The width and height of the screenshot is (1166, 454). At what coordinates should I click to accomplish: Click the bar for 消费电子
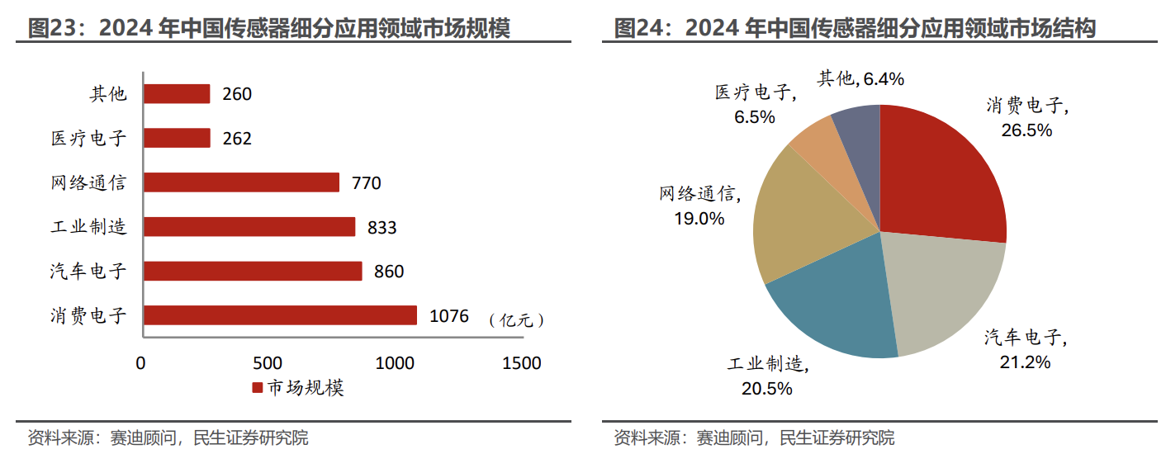(280, 315)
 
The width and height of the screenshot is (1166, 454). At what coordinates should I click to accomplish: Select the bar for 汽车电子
(253, 271)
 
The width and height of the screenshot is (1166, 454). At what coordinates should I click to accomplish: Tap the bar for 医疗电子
(177, 138)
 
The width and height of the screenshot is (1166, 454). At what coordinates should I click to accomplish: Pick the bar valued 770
(241, 182)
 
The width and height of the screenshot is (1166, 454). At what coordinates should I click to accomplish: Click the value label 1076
(449, 315)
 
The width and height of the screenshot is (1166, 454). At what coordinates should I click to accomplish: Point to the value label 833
(382, 227)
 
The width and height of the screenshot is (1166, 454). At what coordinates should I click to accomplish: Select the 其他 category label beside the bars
(108, 93)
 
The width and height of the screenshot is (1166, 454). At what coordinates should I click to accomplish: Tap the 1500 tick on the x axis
(522, 363)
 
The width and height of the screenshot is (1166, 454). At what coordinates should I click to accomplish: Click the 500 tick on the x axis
(268, 363)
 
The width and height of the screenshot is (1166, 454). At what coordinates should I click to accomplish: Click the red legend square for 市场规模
(257, 388)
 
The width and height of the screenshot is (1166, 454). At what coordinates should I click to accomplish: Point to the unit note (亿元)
(516, 320)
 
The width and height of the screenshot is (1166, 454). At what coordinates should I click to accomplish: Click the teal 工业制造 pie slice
(834, 310)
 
